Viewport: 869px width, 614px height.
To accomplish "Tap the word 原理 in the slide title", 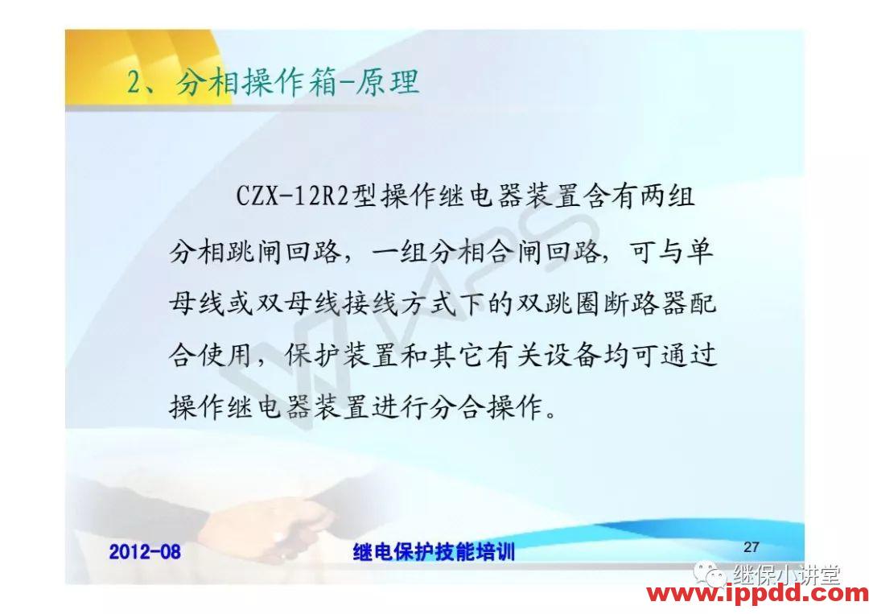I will click(391, 82).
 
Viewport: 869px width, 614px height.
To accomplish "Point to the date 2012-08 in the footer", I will click(145, 551).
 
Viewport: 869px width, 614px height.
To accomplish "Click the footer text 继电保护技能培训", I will click(434, 551).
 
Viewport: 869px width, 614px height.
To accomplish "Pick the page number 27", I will click(751, 547).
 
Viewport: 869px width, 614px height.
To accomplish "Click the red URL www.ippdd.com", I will click(757, 595).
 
